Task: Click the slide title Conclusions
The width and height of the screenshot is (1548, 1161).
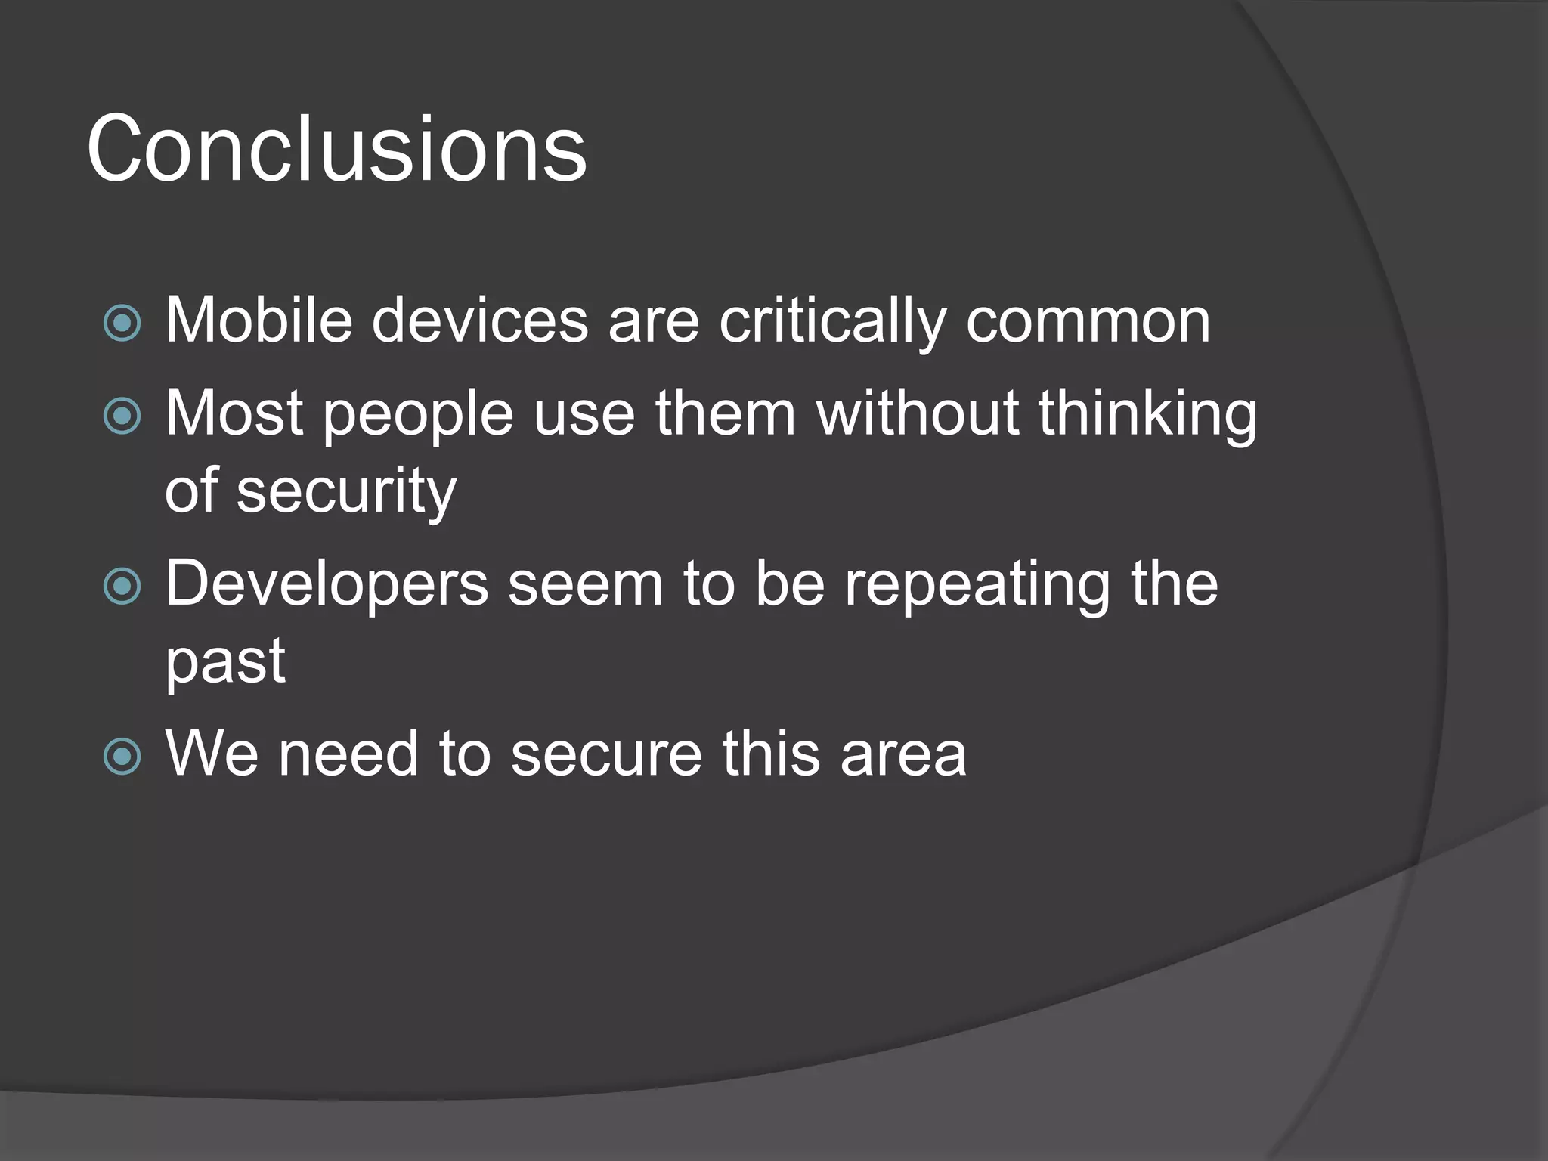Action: tap(336, 148)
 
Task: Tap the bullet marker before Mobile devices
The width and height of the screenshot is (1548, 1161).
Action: tap(122, 324)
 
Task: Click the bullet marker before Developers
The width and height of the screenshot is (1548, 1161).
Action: tap(122, 587)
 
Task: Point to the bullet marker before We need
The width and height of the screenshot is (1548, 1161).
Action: tap(122, 757)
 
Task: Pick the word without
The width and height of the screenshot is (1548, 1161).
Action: tap(918, 413)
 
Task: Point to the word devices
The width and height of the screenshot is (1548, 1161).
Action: tap(479, 320)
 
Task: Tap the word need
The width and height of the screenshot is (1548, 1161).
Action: tap(348, 754)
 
